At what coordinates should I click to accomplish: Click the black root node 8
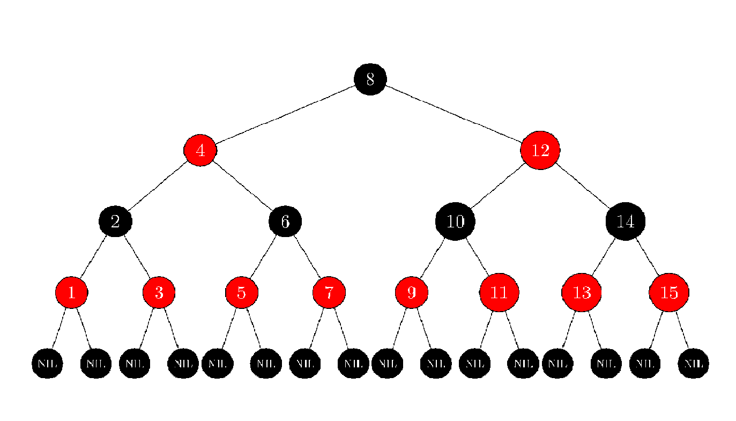pos(370,79)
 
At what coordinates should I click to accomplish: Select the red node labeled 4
pos(200,150)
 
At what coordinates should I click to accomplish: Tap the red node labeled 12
pos(540,150)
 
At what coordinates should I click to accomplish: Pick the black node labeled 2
pos(115,221)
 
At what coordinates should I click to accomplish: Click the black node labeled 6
pos(285,221)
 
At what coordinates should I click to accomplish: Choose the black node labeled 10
pos(455,221)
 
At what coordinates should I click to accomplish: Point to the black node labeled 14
pos(625,221)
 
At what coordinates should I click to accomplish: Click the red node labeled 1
pos(71,292)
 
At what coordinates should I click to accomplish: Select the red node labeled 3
pos(159,292)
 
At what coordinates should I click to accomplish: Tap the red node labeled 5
pos(242,292)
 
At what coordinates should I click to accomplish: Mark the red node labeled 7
pos(329,292)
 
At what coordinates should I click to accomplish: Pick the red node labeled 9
pos(412,292)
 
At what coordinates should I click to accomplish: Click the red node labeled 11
pos(499,292)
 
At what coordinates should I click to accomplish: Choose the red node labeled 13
pos(582,292)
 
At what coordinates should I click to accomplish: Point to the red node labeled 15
pos(669,292)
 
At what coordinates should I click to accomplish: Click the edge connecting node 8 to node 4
pos(285,115)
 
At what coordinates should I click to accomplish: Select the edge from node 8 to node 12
pos(455,115)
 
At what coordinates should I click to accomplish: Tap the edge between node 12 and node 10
pos(497,186)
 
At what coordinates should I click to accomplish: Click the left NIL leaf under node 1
pos(47,363)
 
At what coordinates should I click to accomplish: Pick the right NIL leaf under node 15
pos(693,363)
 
